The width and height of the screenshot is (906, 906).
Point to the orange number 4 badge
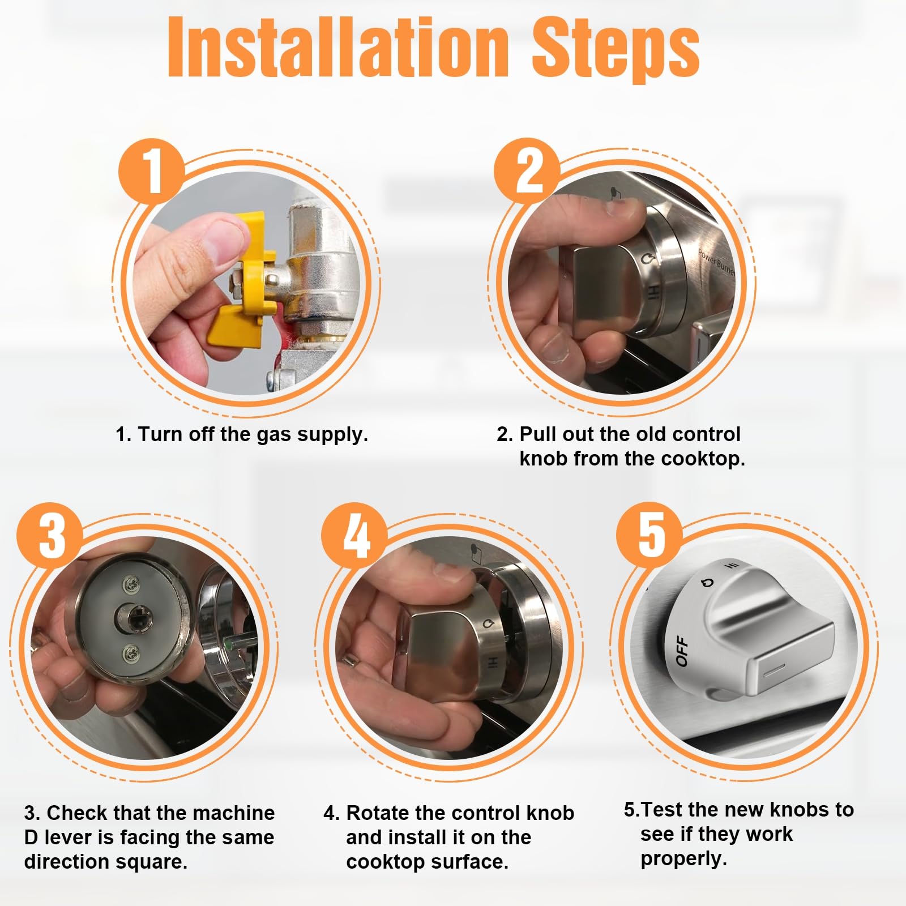click(355, 536)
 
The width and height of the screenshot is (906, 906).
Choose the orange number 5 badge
click(649, 536)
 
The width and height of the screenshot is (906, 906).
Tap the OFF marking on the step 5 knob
click(682, 651)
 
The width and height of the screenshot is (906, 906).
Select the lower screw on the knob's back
click(130, 655)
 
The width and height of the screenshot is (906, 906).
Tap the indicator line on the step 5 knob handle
click(773, 670)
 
